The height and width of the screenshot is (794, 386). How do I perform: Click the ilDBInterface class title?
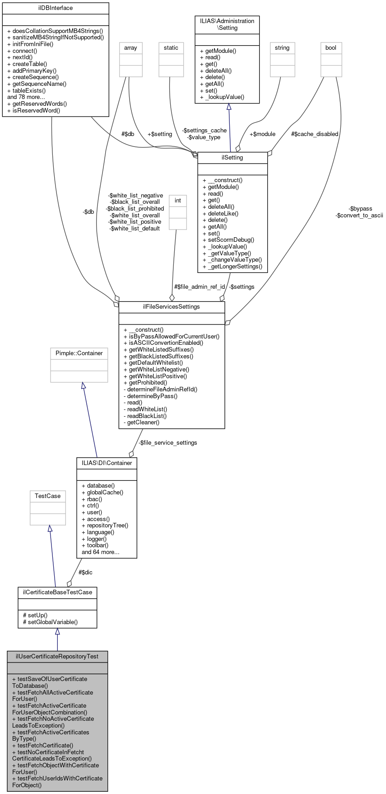56,8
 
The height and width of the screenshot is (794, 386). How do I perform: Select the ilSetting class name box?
233,158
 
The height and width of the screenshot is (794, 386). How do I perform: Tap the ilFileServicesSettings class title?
172,307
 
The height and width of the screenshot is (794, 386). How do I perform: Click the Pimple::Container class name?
79,353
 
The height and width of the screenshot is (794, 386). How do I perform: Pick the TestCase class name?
48,496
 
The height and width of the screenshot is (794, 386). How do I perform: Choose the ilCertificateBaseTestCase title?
57,592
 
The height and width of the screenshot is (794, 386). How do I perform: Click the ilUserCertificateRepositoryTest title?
57,656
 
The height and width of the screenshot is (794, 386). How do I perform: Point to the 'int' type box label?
178,201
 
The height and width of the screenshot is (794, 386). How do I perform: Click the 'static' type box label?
171,48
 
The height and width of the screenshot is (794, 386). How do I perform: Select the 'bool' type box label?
331,48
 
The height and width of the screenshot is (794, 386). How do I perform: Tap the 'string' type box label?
282,48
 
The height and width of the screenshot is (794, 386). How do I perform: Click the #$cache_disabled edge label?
315,134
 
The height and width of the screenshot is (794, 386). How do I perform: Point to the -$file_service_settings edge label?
167,443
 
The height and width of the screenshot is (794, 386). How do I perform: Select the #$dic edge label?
85,573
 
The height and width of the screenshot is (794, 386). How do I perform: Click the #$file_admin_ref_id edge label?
200,287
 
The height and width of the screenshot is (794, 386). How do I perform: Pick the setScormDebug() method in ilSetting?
228,240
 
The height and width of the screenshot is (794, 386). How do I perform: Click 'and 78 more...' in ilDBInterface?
26,97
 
